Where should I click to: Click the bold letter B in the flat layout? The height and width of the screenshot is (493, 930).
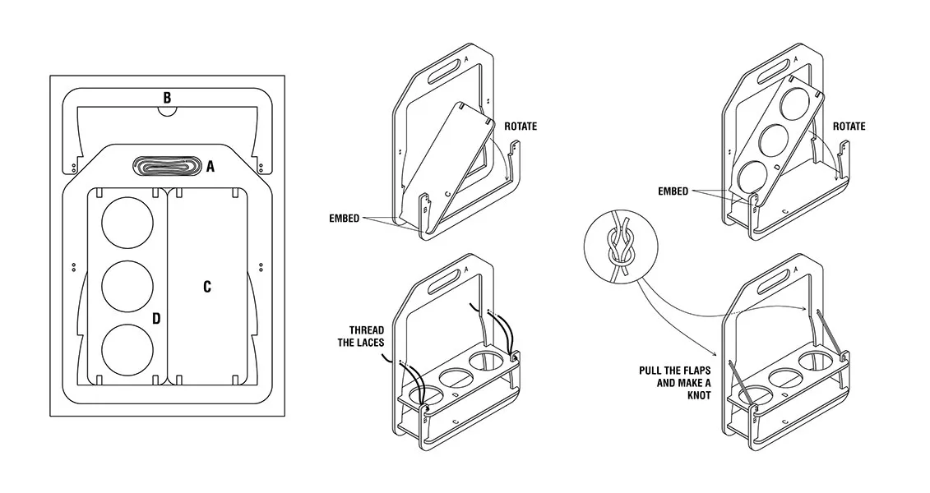pos(167,98)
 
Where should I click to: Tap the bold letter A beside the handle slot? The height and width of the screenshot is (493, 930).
pos(211,167)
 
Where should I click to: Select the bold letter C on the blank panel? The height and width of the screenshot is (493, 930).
pos(207,287)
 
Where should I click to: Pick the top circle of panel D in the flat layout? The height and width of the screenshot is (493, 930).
pos(127,223)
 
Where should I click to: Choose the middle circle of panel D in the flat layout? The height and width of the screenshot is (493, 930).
pos(127,286)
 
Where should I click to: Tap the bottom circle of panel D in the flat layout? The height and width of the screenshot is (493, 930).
pos(127,349)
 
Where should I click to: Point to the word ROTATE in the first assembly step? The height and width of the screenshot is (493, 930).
pos(521,127)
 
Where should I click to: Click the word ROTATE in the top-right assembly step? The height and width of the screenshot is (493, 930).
pos(849,127)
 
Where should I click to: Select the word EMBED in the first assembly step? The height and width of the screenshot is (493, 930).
pos(344,218)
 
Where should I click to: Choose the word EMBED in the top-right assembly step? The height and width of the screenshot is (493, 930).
pos(673,191)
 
